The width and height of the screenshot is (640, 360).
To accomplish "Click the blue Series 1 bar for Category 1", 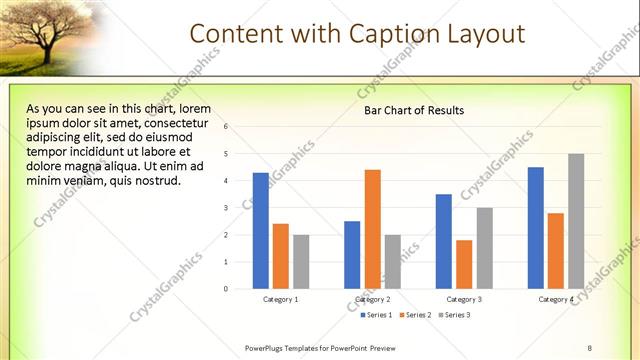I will [260, 230].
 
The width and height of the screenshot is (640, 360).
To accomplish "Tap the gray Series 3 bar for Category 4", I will [576, 221].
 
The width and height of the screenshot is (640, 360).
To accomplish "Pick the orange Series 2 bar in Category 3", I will [464, 264].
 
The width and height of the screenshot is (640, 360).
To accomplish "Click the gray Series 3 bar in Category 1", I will [301, 262].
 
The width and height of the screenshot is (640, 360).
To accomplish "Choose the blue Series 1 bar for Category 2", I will [352, 254].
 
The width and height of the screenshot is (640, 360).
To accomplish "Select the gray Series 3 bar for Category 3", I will [484, 248].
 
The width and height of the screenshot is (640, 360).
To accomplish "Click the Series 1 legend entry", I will [377, 315].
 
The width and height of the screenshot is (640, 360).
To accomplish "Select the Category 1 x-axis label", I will [281, 299].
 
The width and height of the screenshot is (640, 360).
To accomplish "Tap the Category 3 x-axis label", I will [464, 299].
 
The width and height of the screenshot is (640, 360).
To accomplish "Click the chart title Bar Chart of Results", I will [414, 110].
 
